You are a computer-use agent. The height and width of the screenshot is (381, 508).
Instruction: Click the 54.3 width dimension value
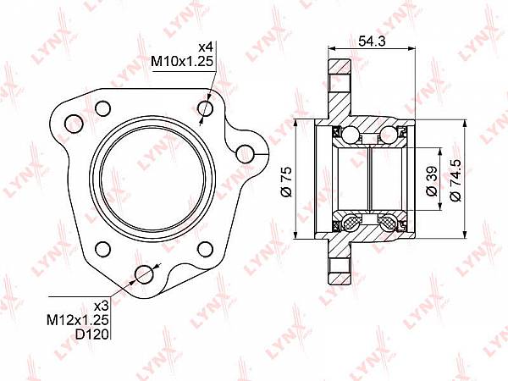[372, 41]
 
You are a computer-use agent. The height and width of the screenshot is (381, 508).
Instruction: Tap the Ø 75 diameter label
[287, 182]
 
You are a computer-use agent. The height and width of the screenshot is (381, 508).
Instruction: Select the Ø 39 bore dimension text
[432, 181]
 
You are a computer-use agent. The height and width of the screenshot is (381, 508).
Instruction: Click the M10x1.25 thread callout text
[182, 61]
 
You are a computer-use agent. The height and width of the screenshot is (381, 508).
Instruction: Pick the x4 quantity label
[206, 47]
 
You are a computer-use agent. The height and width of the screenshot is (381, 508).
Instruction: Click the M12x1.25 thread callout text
[78, 320]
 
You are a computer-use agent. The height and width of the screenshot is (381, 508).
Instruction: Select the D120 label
[92, 334]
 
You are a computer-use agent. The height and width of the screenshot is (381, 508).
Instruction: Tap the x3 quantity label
[101, 306]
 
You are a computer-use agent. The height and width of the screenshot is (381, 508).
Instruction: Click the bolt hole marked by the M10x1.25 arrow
[206, 108]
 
